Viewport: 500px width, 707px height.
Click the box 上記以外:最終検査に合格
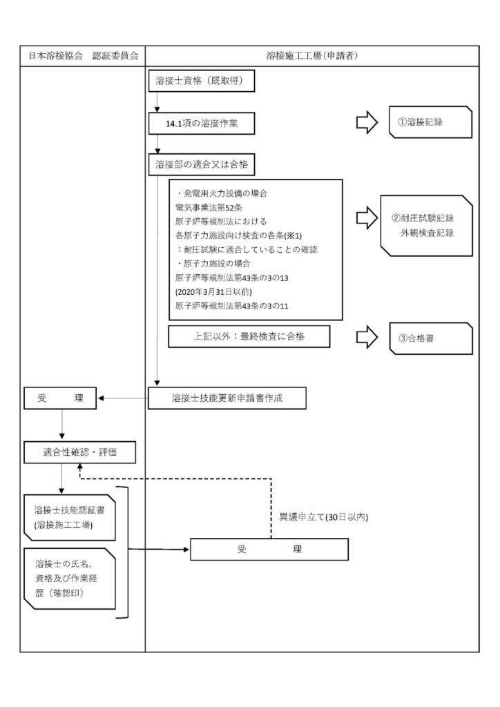point(249,336)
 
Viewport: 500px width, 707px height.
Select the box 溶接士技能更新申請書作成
point(227,398)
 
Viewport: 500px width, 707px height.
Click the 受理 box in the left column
point(62,398)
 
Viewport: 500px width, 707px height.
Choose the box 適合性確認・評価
point(79,452)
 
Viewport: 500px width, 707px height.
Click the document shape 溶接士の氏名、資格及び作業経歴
point(70,579)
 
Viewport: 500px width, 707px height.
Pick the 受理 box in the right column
point(269,550)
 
